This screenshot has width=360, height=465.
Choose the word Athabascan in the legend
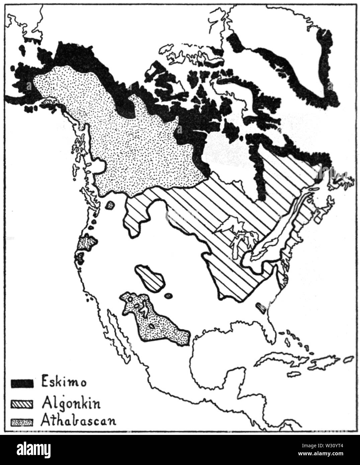point(78,420)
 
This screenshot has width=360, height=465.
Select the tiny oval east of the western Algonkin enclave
point(168,295)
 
